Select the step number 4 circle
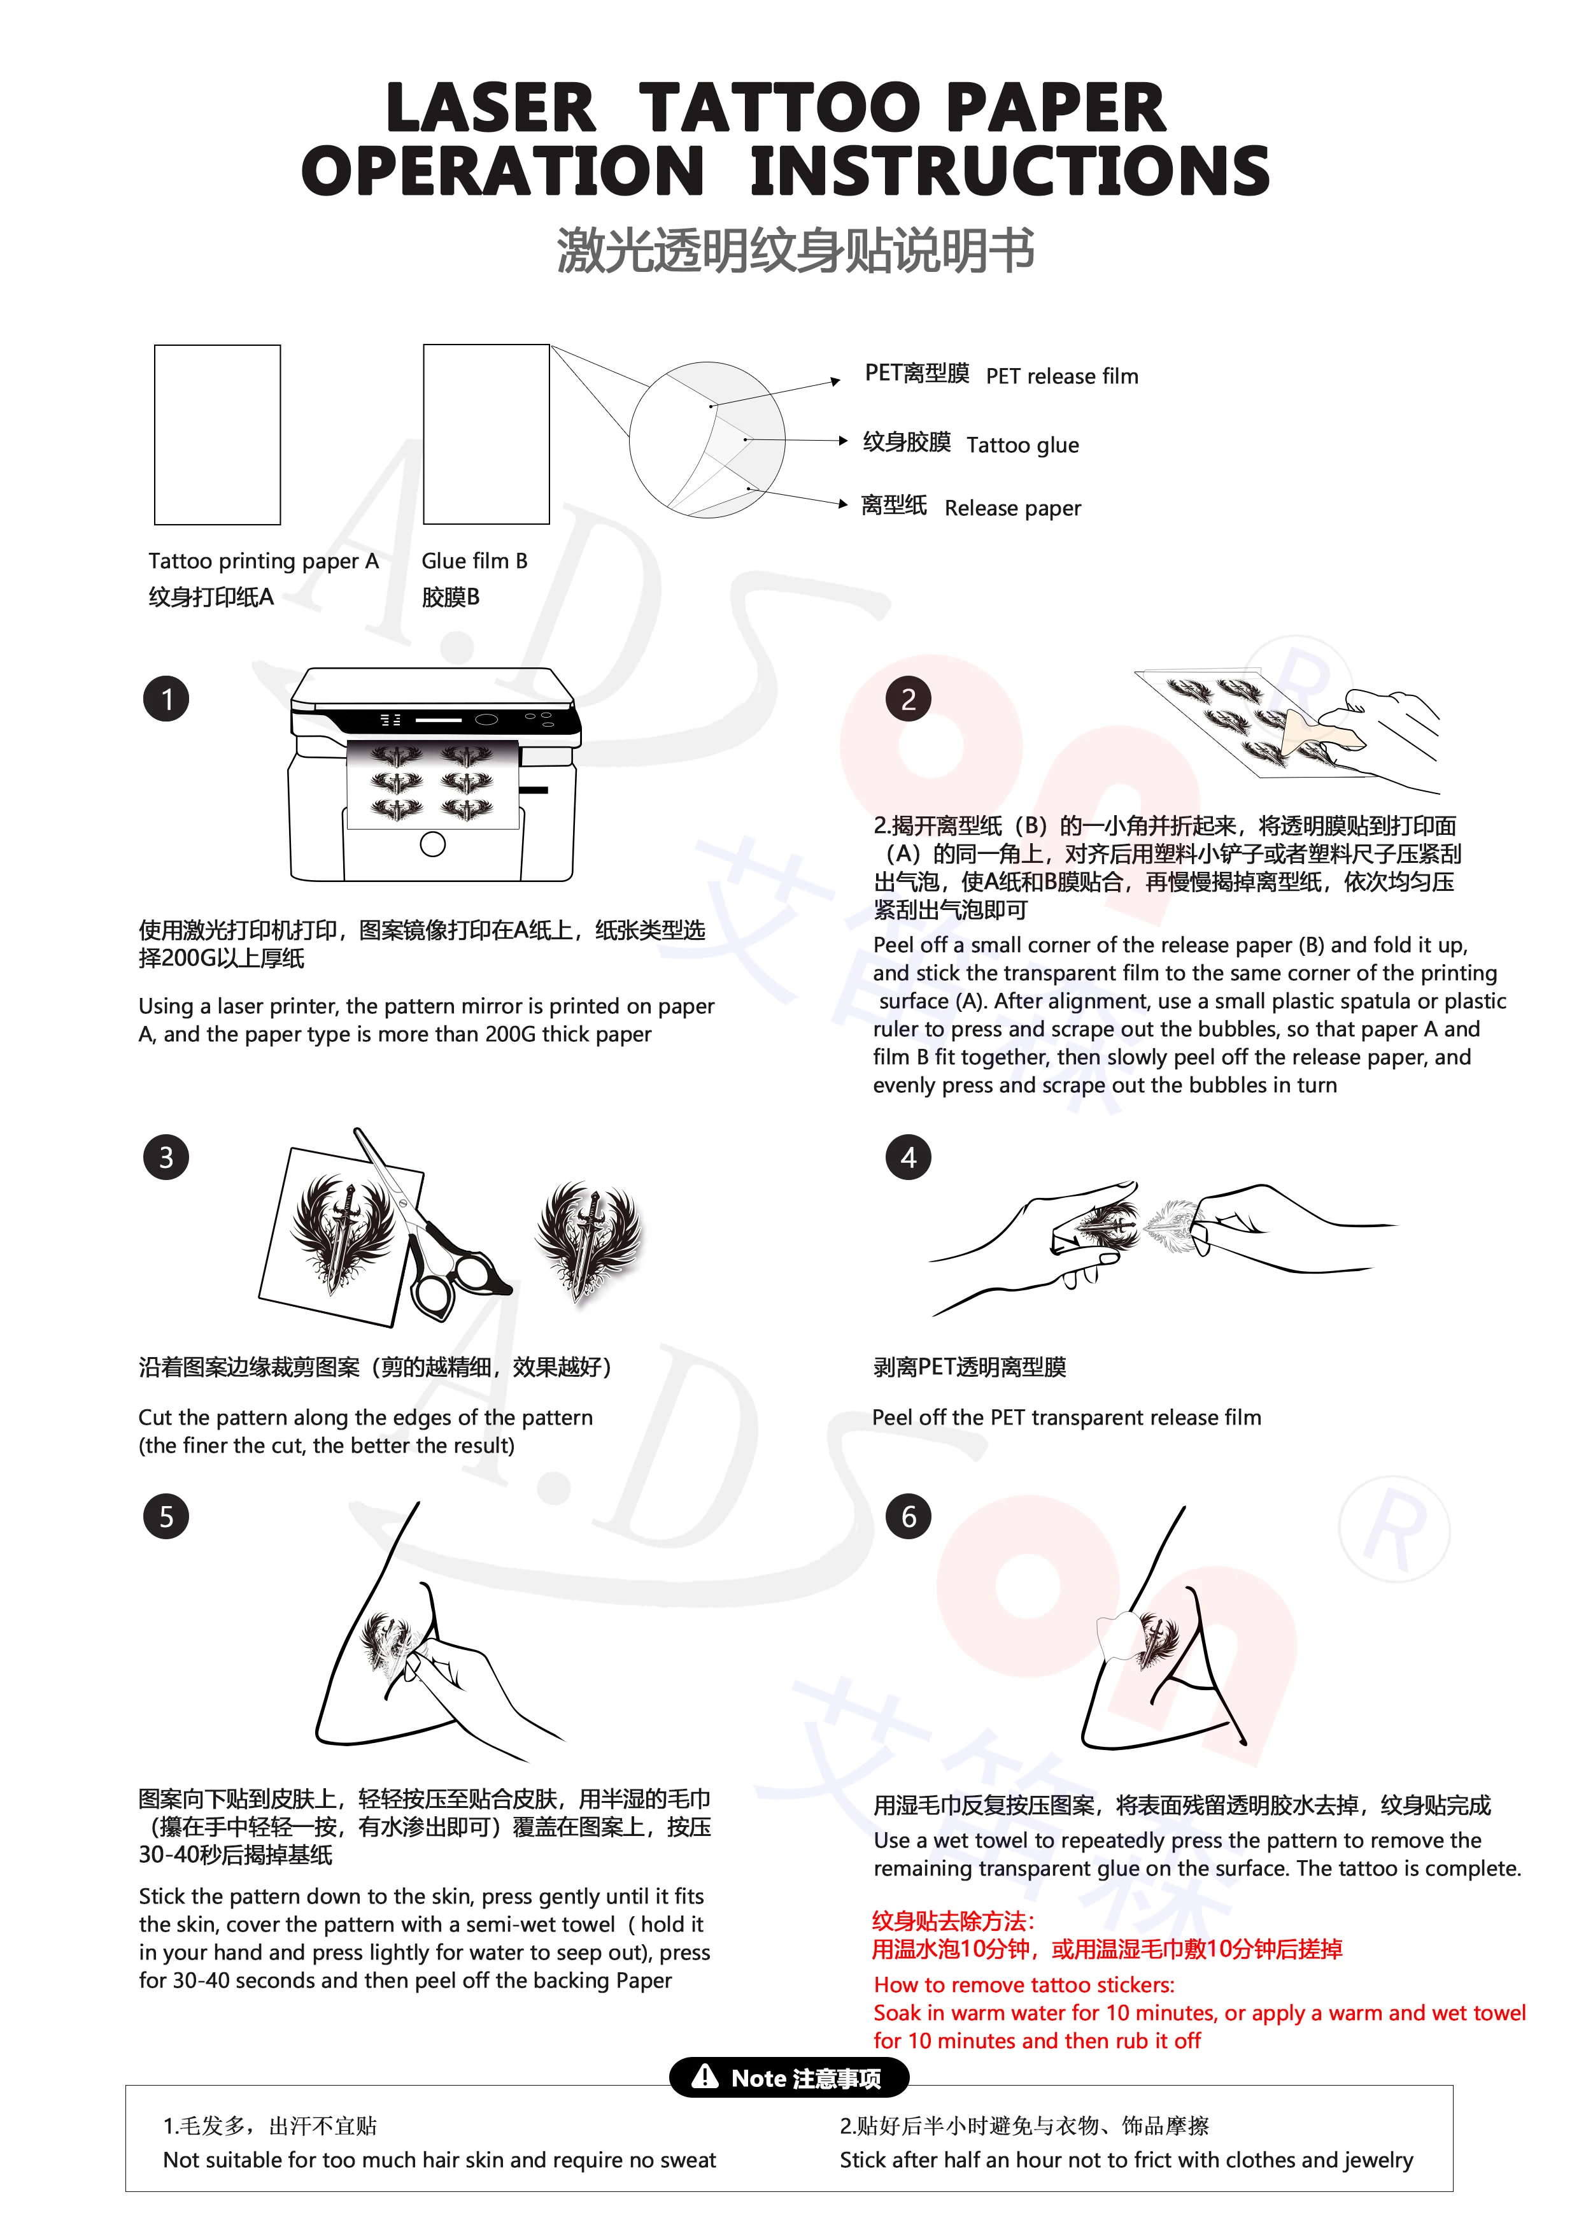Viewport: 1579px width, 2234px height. point(908,1157)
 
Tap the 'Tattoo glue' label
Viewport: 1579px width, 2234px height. point(1023,446)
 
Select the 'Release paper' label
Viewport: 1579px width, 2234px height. point(1013,508)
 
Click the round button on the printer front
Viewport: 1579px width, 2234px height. point(433,844)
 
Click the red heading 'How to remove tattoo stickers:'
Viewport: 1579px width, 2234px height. point(1023,1985)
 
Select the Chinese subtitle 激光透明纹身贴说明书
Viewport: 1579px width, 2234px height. point(795,250)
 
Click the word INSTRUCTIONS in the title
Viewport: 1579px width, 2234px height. point(1010,171)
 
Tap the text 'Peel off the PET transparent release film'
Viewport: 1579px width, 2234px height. point(1066,1418)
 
